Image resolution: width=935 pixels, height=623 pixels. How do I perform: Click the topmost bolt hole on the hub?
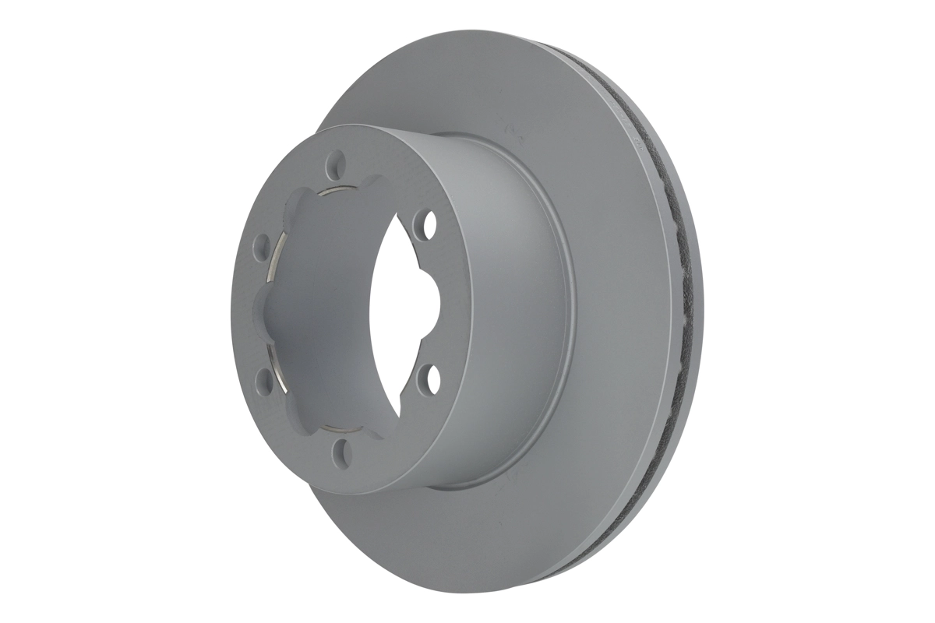coord(337,164)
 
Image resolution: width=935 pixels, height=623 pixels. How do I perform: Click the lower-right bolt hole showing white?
coord(425,380)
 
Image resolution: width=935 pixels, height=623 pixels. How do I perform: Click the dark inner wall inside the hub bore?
coord(327,311)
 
